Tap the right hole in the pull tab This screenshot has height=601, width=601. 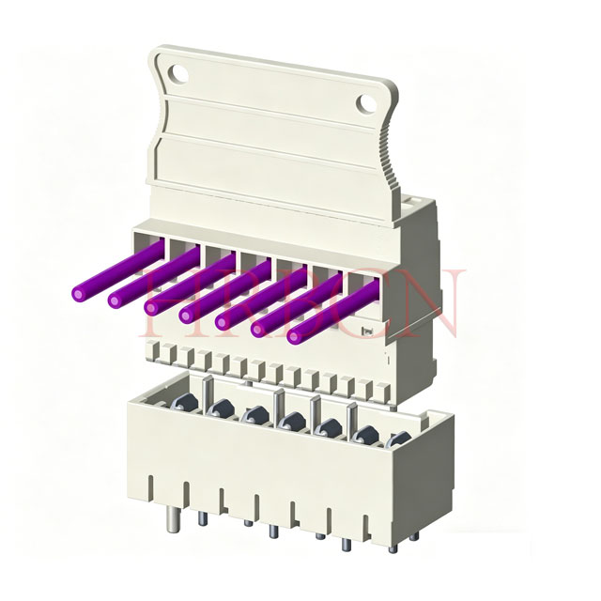pos(365,100)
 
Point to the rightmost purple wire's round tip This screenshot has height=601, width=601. pos(297,334)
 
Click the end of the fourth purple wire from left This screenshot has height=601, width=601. pos(188,312)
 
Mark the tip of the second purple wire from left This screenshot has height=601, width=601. pos(116,300)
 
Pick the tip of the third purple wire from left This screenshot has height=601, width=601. pos(152,306)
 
